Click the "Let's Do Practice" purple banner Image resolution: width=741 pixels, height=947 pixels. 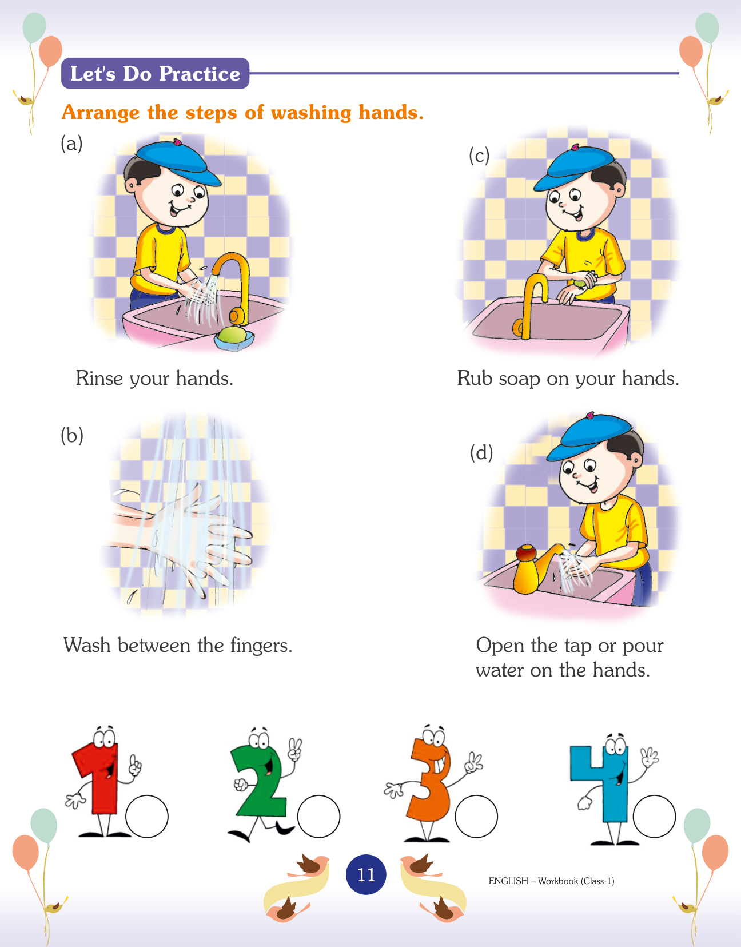[x=155, y=73]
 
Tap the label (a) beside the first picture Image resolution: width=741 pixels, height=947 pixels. [x=71, y=144]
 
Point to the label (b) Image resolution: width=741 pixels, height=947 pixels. [x=72, y=435]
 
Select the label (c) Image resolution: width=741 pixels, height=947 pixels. [x=479, y=156]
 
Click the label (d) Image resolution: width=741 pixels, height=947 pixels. [x=481, y=453]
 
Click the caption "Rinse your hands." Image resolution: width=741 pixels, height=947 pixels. [x=154, y=378]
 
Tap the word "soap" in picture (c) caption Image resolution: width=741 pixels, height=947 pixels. [x=519, y=379]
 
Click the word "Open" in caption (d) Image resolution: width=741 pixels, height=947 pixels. [x=500, y=646]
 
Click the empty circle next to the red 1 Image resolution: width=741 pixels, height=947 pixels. [x=147, y=817]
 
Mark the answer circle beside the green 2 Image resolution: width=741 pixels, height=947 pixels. [x=319, y=817]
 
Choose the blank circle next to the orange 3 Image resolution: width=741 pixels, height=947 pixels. [x=476, y=817]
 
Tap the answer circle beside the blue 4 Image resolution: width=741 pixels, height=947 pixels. [x=654, y=817]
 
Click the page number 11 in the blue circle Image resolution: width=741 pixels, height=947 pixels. [x=366, y=874]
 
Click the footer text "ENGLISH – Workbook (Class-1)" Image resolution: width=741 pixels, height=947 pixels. [x=552, y=881]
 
